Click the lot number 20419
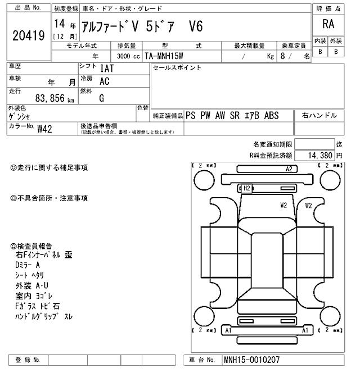[x=28, y=35]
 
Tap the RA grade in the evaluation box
[x=328, y=24]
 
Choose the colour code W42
[x=44, y=129]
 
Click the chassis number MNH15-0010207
[x=251, y=360]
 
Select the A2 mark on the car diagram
[x=290, y=169]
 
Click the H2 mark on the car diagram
[x=246, y=188]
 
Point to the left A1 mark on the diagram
[x=228, y=331]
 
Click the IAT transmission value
[x=106, y=69]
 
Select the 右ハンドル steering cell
[x=319, y=115]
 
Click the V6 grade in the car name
[x=195, y=26]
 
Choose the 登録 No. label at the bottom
[x=28, y=360]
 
